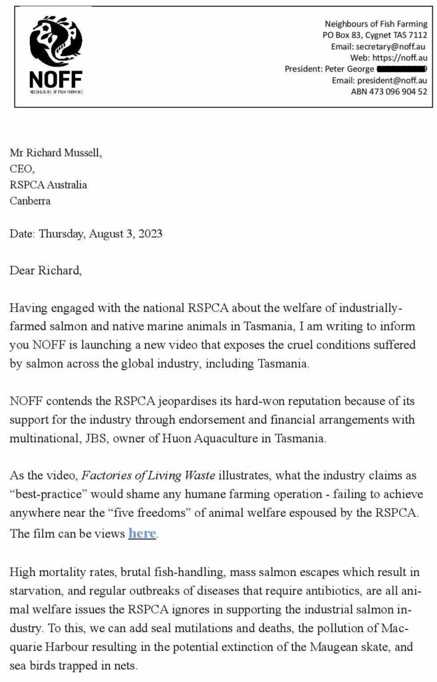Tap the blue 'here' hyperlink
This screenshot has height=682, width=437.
pyautogui.click(x=142, y=533)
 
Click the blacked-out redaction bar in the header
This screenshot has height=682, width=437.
pyautogui.click(x=401, y=69)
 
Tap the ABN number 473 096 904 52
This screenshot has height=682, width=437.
pyautogui.click(x=389, y=91)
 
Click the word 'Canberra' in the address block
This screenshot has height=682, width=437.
pyautogui.click(x=30, y=200)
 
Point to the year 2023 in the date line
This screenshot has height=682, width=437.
pyautogui.click(x=149, y=234)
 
